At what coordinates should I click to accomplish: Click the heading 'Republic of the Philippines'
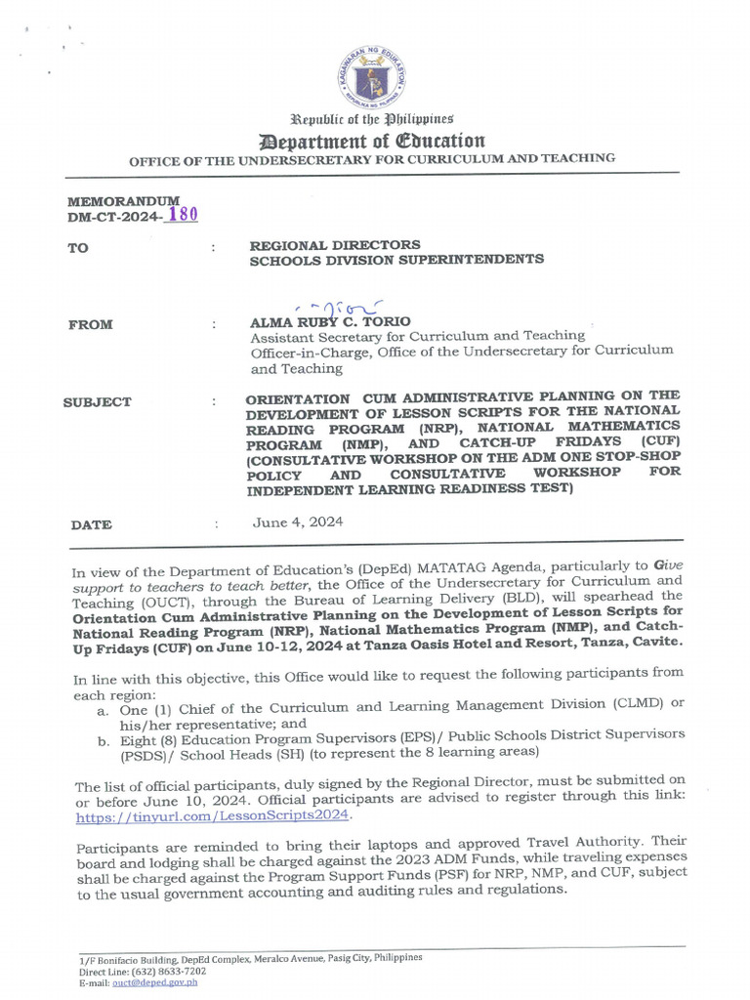pyautogui.click(x=371, y=118)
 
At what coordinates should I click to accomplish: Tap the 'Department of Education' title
pyautogui.click(x=371, y=140)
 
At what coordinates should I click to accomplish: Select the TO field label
pyautogui.click(x=78, y=248)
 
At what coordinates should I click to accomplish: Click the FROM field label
pyautogui.click(x=90, y=324)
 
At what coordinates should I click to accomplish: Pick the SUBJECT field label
pyautogui.click(x=98, y=402)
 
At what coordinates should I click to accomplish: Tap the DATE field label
pyautogui.click(x=91, y=525)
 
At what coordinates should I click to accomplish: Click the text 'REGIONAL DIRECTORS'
pyautogui.click(x=335, y=244)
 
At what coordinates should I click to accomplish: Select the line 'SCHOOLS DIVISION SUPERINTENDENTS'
pyautogui.click(x=396, y=260)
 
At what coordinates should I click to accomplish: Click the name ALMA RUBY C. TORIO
pyautogui.click(x=330, y=321)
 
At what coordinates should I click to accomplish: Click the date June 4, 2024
pyautogui.click(x=297, y=522)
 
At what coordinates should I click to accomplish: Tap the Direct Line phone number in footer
pyautogui.click(x=172, y=972)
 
